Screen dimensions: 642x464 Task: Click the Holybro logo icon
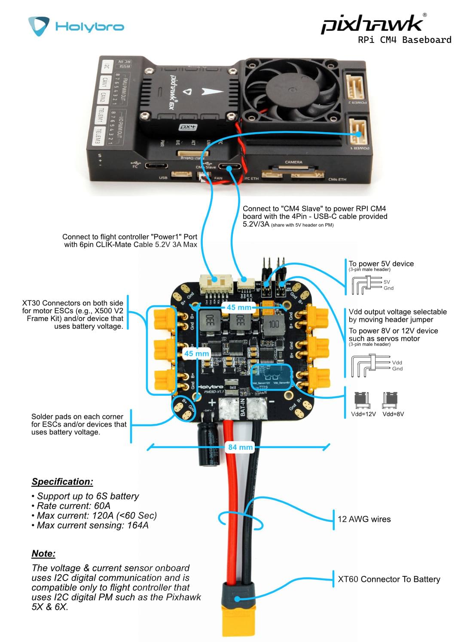(39, 26)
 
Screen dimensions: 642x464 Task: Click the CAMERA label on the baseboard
(293, 162)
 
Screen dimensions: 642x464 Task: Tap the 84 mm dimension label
(240, 447)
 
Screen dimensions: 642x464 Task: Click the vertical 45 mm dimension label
(196, 354)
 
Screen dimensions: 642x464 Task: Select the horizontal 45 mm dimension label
(239, 307)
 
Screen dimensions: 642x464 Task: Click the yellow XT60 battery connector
(238, 609)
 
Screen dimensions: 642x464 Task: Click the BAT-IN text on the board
(243, 407)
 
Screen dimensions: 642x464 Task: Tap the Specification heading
(62, 481)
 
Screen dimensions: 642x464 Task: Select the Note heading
(43, 554)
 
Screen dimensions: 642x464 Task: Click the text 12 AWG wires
(364, 519)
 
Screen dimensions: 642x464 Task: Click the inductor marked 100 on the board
(274, 324)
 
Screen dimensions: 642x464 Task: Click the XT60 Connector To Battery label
(389, 579)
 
